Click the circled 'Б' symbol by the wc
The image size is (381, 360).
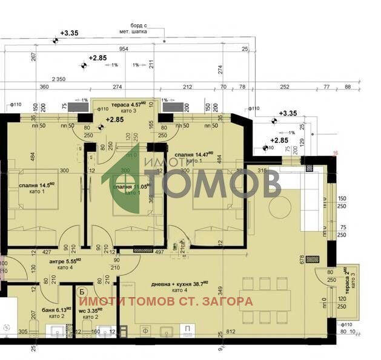pyautogui.click(x=81, y=292)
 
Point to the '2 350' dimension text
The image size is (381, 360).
pyautogui.click(x=58, y=79)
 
